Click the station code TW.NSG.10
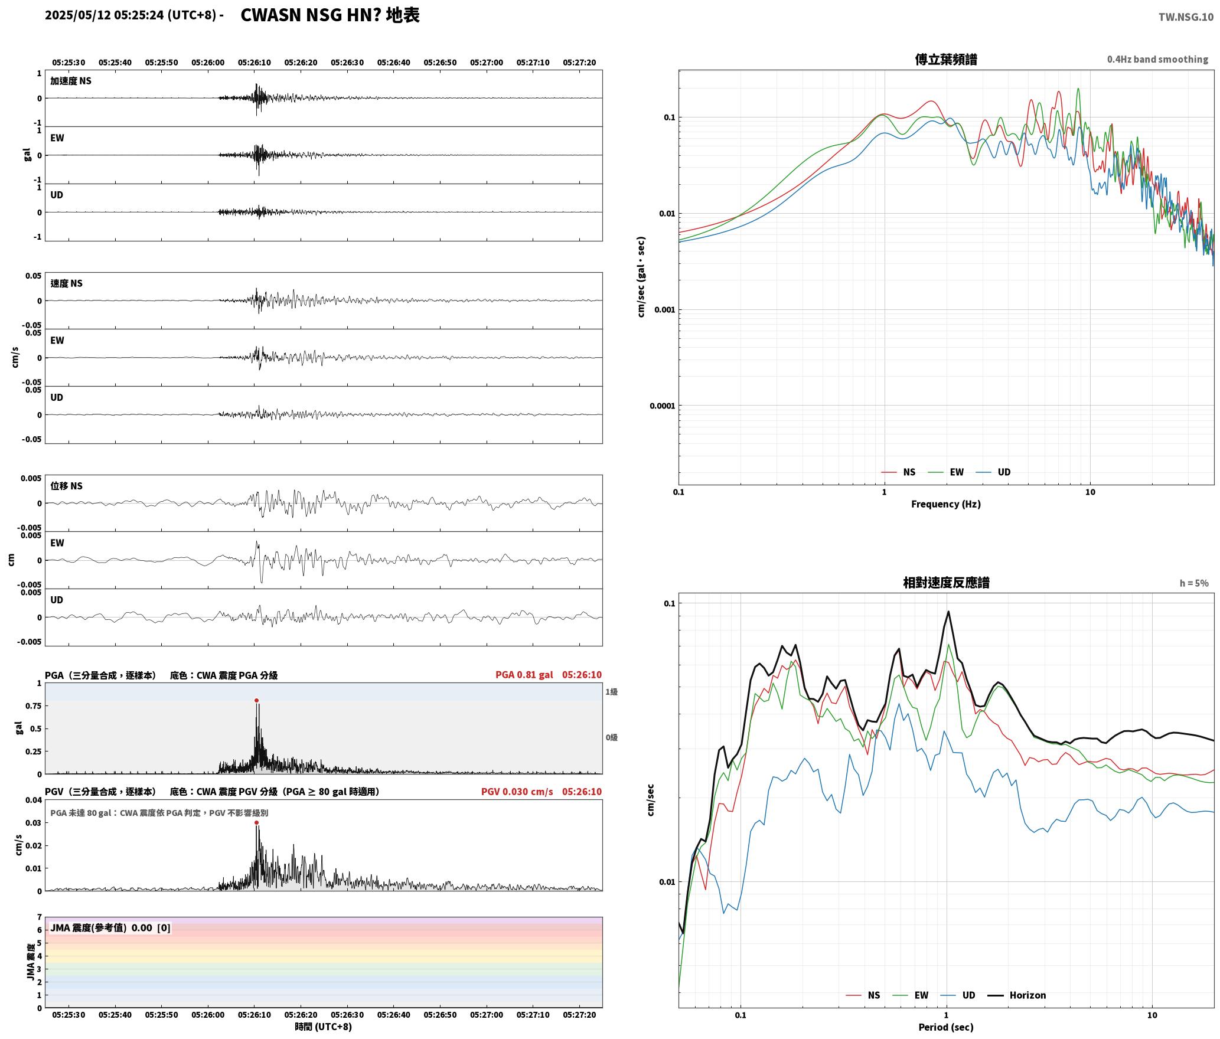click(1186, 17)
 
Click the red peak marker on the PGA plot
click(256, 701)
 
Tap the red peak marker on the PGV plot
click(256, 823)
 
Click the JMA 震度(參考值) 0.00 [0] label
click(110, 928)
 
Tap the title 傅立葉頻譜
click(946, 60)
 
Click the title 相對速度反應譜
click(946, 583)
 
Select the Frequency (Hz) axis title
click(946, 504)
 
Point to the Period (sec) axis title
click(946, 1027)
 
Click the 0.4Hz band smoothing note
click(1157, 60)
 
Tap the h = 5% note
click(1194, 583)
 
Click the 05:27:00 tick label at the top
click(487, 63)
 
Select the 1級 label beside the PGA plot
click(611, 692)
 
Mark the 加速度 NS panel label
click(71, 81)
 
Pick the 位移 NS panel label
click(66, 486)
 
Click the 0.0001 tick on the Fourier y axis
click(662, 406)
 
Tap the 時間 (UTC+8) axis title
click(324, 1027)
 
